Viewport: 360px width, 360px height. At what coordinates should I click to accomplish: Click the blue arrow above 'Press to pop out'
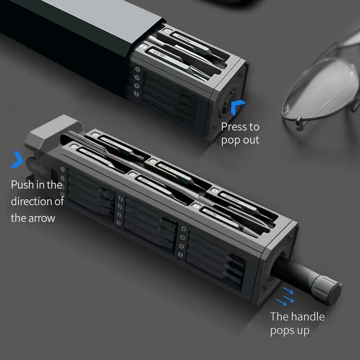click(x=238, y=107)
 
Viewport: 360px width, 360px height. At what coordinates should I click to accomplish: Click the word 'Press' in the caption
click(x=234, y=127)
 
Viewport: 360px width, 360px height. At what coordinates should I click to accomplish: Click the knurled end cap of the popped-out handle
click(x=329, y=291)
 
